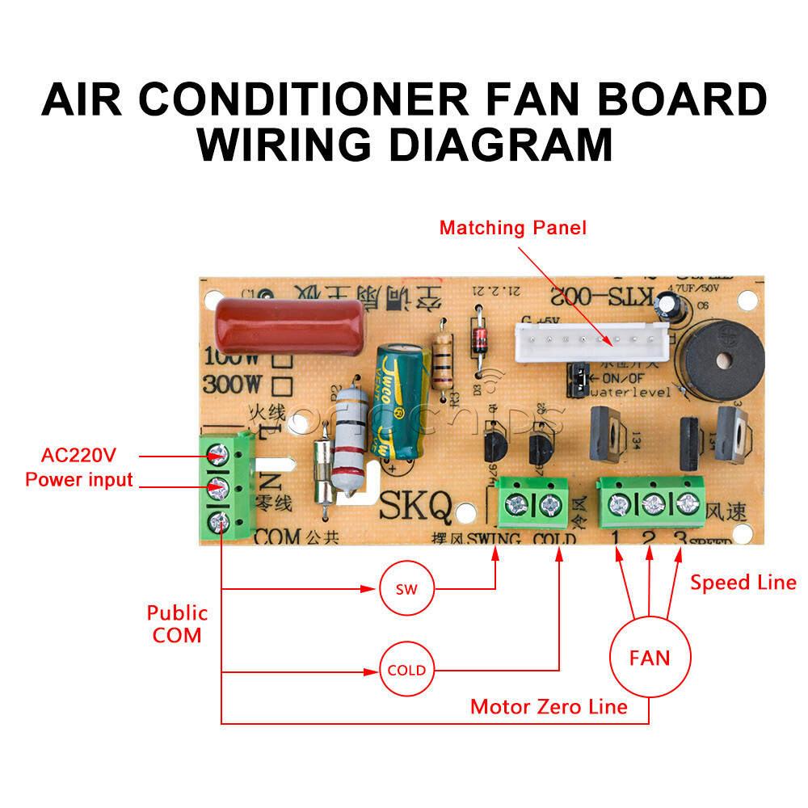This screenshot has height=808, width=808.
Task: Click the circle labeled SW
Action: point(407,589)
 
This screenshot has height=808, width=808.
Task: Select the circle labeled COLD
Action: point(407,670)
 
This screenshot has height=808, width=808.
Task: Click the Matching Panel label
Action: point(512,228)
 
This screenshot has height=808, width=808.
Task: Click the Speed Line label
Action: point(743,583)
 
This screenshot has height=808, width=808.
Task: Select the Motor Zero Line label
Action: point(549,707)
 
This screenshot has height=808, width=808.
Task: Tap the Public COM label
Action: point(177,624)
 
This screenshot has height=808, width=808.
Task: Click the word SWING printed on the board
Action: point(493,539)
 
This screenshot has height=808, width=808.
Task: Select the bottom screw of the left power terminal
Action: point(217,521)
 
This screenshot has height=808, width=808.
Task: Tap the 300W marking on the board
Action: point(231,385)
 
